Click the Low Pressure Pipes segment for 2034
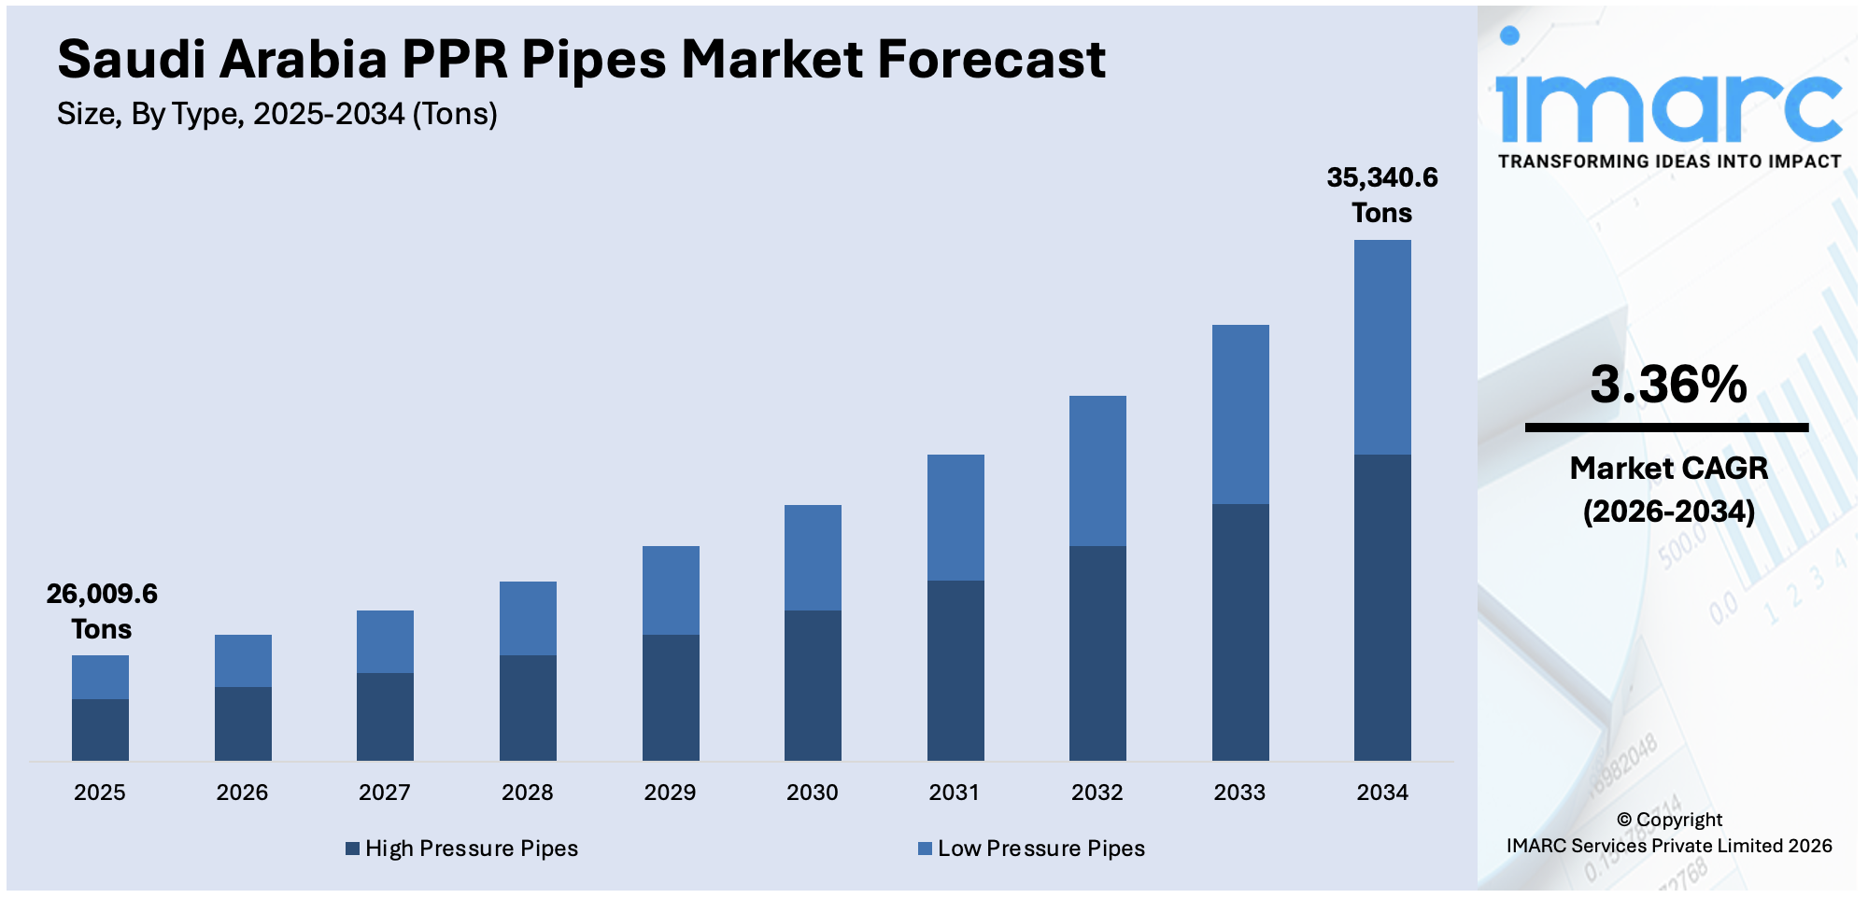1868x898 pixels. click(x=1382, y=347)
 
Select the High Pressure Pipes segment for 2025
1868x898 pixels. click(x=100, y=730)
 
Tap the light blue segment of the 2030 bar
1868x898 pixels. click(x=813, y=557)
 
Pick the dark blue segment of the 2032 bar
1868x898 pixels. click(x=1097, y=653)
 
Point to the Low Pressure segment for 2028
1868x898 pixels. click(x=528, y=618)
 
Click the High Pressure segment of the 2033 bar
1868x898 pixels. click(x=1240, y=632)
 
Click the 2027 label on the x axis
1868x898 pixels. click(x=384, y=793)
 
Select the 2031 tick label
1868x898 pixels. click(x=954, y=793)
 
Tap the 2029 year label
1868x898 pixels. click(x=670, y=793)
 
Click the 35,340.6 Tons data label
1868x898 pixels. click(x=1382, y=195)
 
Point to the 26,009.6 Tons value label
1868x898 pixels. click(x=102, y=611)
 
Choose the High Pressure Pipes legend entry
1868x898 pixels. click(x=462, y=849)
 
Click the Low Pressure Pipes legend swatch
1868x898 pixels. click(x=925, y=849)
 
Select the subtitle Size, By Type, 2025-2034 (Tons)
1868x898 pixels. click(x=277, y=114)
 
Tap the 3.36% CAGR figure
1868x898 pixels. click(x=1668, y=385)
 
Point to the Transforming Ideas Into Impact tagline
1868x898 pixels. click(x=1669, y=161)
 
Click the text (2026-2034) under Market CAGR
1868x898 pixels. click(x=1668, y=512)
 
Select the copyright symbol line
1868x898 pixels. click(x=1669, y=820)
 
